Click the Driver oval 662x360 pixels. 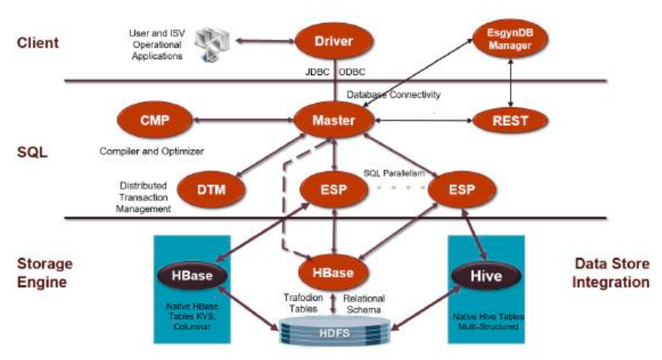(x=334, y=41)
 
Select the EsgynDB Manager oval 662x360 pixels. (x=510, y=39)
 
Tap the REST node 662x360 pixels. (x=510, y=121)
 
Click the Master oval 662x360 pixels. (x=334, y=121)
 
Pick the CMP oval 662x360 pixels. (x=154, y=121)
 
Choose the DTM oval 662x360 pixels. (x=211, y=190)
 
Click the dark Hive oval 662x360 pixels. (x=486, y=276)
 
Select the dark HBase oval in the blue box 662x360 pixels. (x=192, y=276)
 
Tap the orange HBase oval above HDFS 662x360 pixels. (x=333, y=272)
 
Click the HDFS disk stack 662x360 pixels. (x=335, y=332)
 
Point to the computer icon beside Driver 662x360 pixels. (x=211, y=45)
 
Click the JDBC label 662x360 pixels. (x=317, y=72)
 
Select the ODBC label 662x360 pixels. (x=352, y=72)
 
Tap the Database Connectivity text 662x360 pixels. (x=393, y=94)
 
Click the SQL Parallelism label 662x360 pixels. (x=394, y=173)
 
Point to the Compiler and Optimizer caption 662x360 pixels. (x=151, y=151)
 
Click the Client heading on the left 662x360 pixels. (x=38, y=43)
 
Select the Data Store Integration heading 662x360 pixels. (x=611, y=272)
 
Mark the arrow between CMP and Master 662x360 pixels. (x=243, y=121)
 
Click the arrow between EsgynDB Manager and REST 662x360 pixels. (x=511, y=83)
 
